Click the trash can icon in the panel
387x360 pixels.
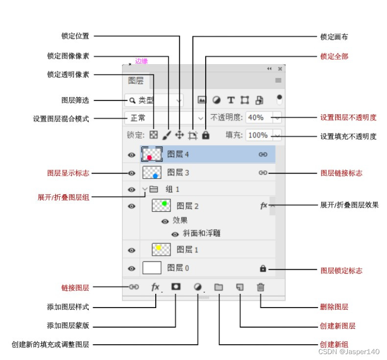click(261, 287)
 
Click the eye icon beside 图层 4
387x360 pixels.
click(131, 155)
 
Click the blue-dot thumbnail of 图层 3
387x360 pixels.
click(152, 173)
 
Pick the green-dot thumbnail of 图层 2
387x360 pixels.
click(162, 206)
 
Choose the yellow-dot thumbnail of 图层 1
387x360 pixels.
click(161, 250)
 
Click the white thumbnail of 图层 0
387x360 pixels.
click(152, 268)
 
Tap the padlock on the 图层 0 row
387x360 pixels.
click(263, 268)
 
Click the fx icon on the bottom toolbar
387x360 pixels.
click(155, 287)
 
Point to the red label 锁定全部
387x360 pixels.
click(334, 56)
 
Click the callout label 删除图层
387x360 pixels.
click(334, 307)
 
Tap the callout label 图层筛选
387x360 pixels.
click(75, 100)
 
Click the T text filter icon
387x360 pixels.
click(230, 100)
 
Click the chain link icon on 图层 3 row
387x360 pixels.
click(263, 173)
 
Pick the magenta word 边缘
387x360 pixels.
click(142, 61)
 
